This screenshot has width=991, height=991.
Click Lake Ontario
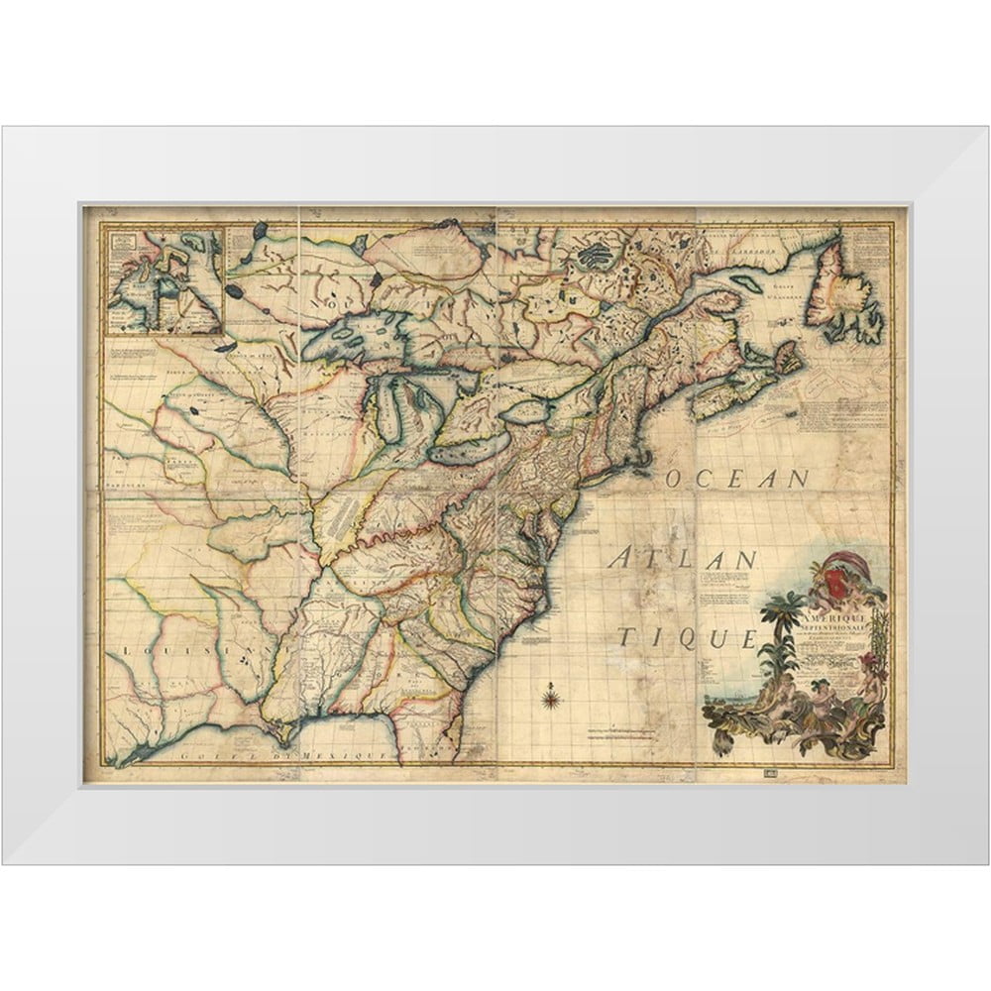(x=531, y=411)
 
